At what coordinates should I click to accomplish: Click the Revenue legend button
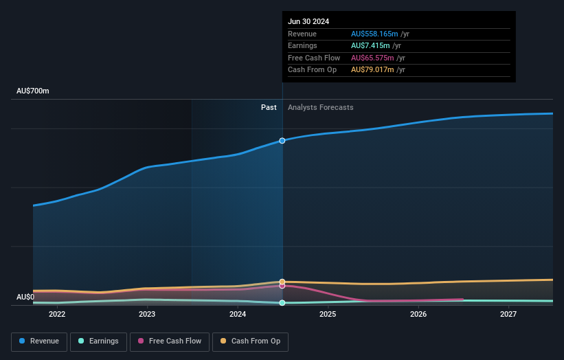click(x=40, y=341)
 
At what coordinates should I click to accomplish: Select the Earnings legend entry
click(x=98, y=341)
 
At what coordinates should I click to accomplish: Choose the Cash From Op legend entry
click(x=250, y=341)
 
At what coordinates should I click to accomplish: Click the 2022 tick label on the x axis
click(x=56, y=314)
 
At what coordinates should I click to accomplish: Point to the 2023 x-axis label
click(x=147, y=314)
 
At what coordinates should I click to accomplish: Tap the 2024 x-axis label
click(x=238, y=314)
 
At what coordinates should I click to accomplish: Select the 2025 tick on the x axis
click(x=328, y=314)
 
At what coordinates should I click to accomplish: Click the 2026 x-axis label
click(x=418, y=314)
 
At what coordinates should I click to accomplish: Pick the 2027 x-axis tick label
click(x=508, y=314)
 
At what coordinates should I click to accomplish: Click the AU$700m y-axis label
click(x=33, y=91)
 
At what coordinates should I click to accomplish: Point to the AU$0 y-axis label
click(x=25, y=297)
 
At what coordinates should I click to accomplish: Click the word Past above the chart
click(x=269, y=107)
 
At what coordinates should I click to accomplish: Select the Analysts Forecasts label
click(x=321, y=107)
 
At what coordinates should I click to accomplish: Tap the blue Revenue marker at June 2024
click(x=282, y=141)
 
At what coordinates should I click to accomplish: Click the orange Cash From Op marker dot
click(x=282, y=282)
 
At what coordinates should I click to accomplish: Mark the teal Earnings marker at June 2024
click(x=282, y=303)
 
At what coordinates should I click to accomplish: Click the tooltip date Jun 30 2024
click(x=308, y=21)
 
